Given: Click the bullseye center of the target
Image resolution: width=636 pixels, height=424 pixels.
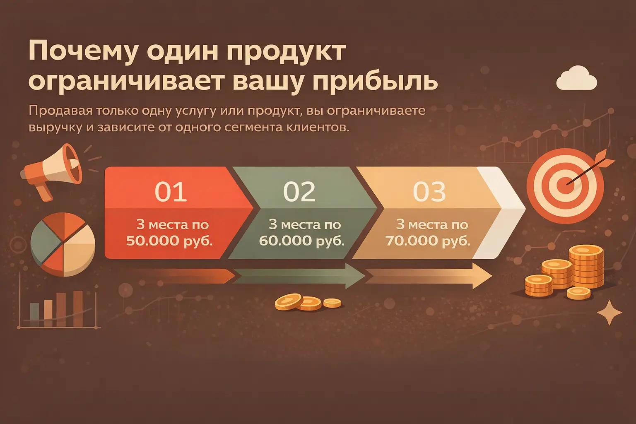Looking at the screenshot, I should tap(565, 185).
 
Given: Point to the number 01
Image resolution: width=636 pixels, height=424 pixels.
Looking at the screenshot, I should tap(171, 191).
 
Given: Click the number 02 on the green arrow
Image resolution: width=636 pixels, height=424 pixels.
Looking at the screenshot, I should tap(299, 191).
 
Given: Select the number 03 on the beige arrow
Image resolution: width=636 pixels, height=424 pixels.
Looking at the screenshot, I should tap(429, 191).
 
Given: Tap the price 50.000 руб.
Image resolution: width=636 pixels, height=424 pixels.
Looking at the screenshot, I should tap(169, 241).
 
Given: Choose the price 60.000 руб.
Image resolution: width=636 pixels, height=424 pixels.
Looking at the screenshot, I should tap(302, 241).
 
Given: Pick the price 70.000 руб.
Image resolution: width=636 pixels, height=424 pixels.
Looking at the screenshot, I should tap(428, 241).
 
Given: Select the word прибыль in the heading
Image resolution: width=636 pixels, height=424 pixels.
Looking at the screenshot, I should tap(375, 81).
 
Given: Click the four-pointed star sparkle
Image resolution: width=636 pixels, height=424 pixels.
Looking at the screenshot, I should tap(609, 313).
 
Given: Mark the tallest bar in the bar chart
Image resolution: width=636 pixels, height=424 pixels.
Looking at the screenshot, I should tap(78, 308).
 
